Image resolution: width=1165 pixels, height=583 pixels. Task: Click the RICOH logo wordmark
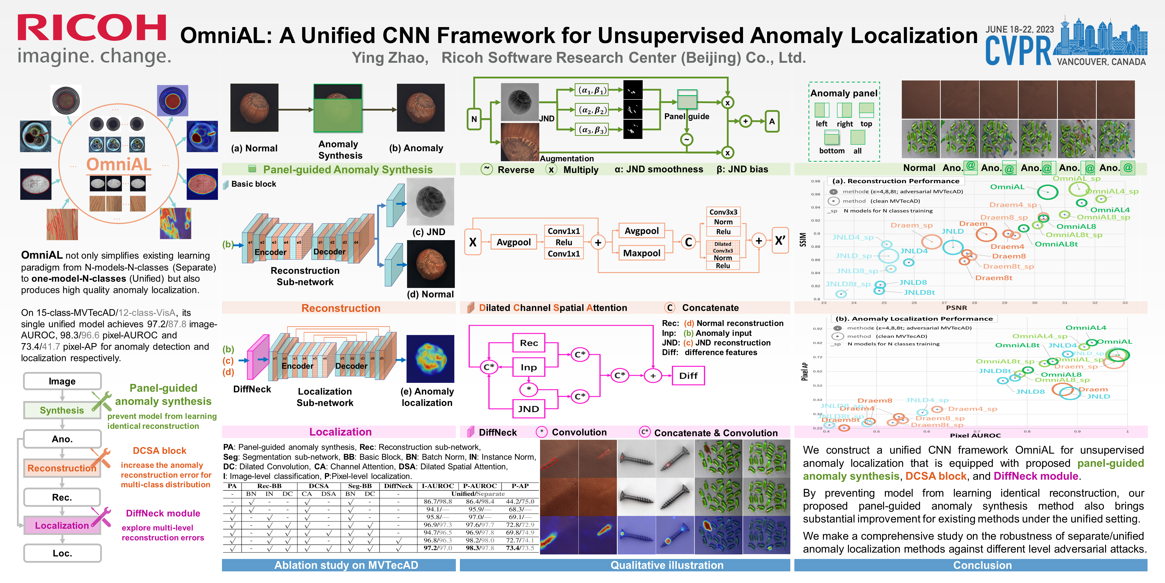point(92,28)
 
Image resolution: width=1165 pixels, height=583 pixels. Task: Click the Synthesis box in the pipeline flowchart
point(62,410)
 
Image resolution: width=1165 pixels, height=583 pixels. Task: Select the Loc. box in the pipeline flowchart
point(62,553)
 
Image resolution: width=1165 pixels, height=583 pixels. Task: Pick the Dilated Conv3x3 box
point(723,247)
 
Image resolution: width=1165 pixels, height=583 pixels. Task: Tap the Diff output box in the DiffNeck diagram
point(688,376)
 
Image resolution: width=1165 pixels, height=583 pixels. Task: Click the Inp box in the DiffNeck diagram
point(528,367)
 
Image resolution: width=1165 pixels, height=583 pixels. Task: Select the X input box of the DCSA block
point(473,242)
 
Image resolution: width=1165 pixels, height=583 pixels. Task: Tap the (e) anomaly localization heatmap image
point(430,359)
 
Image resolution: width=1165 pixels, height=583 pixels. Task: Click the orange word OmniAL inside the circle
point(119,164)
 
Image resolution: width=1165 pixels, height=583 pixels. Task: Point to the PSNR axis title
point(956,307)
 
